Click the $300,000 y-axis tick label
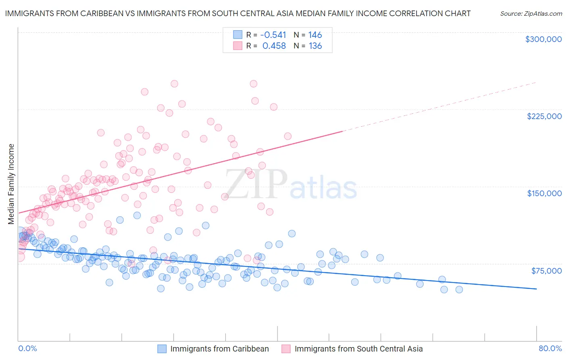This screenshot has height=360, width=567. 543,39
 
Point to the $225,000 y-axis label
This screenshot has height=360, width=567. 544,116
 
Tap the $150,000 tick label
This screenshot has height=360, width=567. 544,193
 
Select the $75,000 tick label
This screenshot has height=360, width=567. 546,271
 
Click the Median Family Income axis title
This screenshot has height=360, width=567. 11,184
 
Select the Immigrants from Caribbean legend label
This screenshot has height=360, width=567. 219,349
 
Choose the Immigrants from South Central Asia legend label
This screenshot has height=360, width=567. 359,349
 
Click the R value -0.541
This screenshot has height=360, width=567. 273,35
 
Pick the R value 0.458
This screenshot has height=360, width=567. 274,46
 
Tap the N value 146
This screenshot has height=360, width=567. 315,35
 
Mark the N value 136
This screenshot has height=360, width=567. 315,46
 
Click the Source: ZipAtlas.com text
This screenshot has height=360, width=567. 531,13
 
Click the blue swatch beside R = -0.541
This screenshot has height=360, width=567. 238,35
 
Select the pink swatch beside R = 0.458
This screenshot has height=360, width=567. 238,46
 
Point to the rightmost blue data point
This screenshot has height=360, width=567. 459,289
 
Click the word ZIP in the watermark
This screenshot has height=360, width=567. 256,184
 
